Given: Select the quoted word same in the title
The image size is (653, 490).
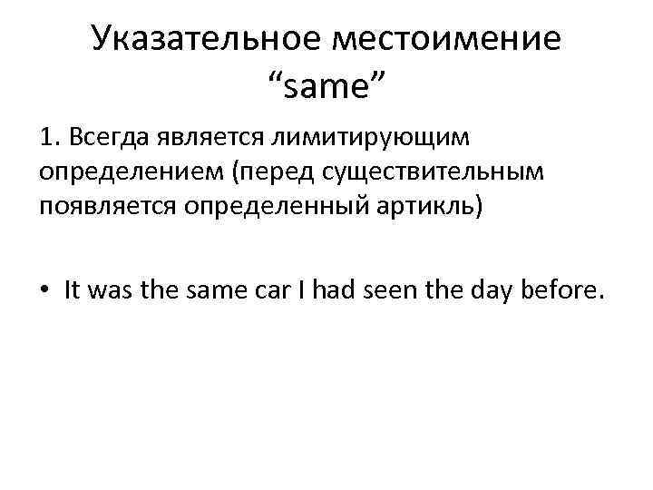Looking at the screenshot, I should tap(326, 88).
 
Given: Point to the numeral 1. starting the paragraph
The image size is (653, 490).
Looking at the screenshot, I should tap(49, 138).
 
